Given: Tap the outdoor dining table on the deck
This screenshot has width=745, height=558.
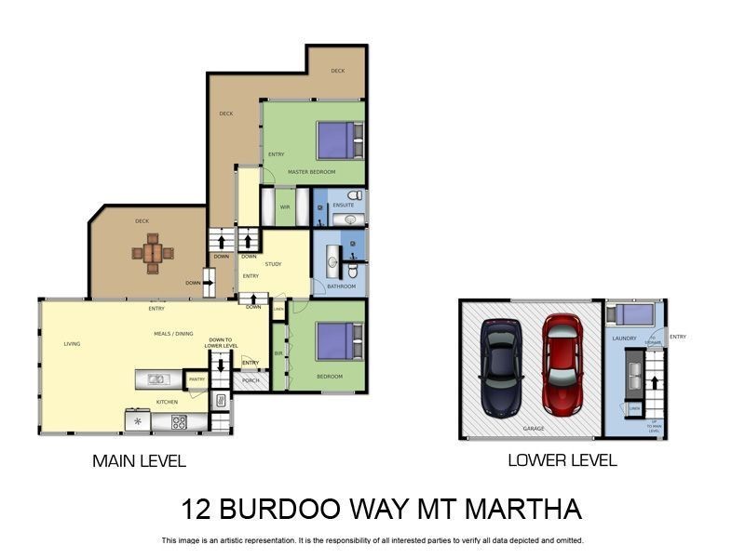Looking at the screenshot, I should click(153, 251).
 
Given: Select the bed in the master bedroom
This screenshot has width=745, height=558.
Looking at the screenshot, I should click(336, 140).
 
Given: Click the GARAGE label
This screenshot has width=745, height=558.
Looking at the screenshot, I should click(534, 430).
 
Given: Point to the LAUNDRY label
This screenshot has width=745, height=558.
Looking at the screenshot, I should click(624, 339).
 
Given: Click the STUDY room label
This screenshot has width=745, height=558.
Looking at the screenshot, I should click(273, 264).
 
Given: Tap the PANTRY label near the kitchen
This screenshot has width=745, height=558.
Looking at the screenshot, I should click(196, 379).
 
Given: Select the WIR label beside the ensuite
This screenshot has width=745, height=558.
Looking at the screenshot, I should click(285, 207).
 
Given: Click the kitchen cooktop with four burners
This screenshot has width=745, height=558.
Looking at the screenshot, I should click(179, 422).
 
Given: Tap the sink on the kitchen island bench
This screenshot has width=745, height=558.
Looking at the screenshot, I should click(156, 379).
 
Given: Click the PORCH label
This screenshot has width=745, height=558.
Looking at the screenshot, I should click(250, 379).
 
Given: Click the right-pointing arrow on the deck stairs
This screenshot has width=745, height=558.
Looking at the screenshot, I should click(209, 282).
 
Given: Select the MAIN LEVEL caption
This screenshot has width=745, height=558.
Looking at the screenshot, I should click(139, 461).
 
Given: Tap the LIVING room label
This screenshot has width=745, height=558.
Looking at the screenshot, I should click(72, 344).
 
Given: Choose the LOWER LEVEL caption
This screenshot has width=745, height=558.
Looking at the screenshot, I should click(562, 460).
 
